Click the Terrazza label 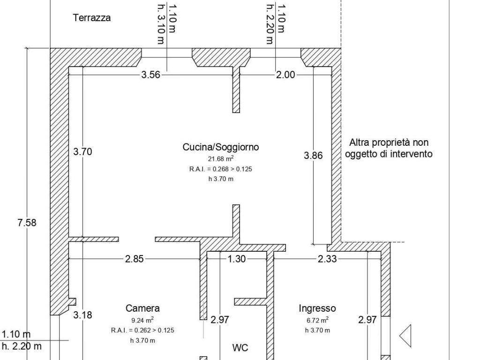point(92,18)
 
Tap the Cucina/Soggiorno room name point(220,147)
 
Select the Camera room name point(142,308)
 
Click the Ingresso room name point(317,308)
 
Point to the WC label point(240,348)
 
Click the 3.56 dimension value point(151,74)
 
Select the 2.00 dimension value point(285,74)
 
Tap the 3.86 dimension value point(313,156)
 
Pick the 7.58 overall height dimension point(27,223)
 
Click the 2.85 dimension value point(135,258)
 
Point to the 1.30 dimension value point(237,258)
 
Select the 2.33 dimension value point(327,258)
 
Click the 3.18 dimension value point(82,315)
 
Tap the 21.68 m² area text point(220,159)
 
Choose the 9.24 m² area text point(142,321)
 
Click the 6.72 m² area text point(317,321)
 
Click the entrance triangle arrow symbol point(405,336)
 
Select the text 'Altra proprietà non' point(389,142)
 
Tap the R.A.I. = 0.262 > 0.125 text point(142,330)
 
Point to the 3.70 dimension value point(82,151)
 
